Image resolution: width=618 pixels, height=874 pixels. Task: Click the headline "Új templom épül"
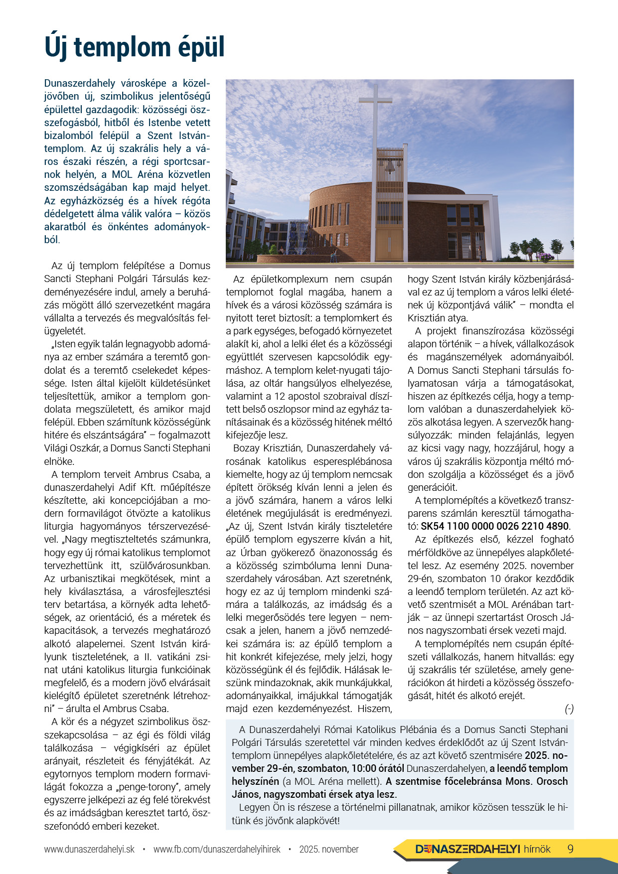click(135, 47)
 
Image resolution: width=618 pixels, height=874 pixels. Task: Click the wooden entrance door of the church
click(389, 244)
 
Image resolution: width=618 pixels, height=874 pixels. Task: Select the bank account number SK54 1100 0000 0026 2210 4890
click(494, 526)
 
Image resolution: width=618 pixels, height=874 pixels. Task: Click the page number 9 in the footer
click(571, 849)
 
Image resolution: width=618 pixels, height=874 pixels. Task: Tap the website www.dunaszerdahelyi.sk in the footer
click(89, 849)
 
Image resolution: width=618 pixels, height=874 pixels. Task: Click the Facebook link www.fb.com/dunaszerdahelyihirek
click(217, 849)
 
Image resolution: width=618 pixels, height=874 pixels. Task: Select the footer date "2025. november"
click(329, 849)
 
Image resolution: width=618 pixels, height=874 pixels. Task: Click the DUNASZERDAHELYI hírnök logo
click(482, 849)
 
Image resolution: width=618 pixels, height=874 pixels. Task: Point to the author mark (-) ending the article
click(569, 709)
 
